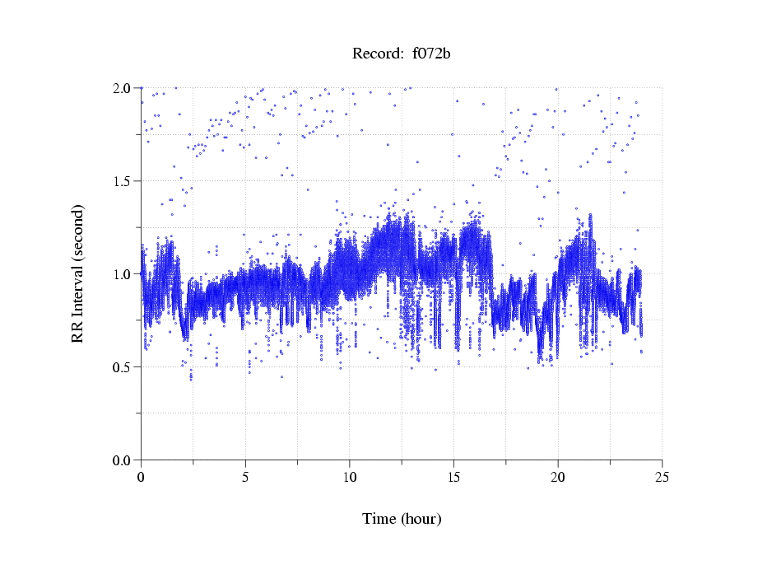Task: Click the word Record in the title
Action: pyautogui.click(x=374, y=54)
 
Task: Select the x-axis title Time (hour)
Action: pyautogui.click(x=402, y=519)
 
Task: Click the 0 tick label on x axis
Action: pyautogui.click(x=141, y=477)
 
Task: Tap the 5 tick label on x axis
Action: pyautogui.click(x=245, y=477)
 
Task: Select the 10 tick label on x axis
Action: pyautogui.click(x=350, y=477)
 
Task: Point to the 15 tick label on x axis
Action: pyautogui.click(x=453, y=477)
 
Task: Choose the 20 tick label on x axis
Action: pyautogui.click(x=558, y=477)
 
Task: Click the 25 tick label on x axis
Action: pyautogui.click(x=662, y=477)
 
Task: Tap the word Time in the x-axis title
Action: pyautogui.click(x=380, y=519)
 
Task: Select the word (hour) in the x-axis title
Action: pyautogui.click(x=421, y=519)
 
